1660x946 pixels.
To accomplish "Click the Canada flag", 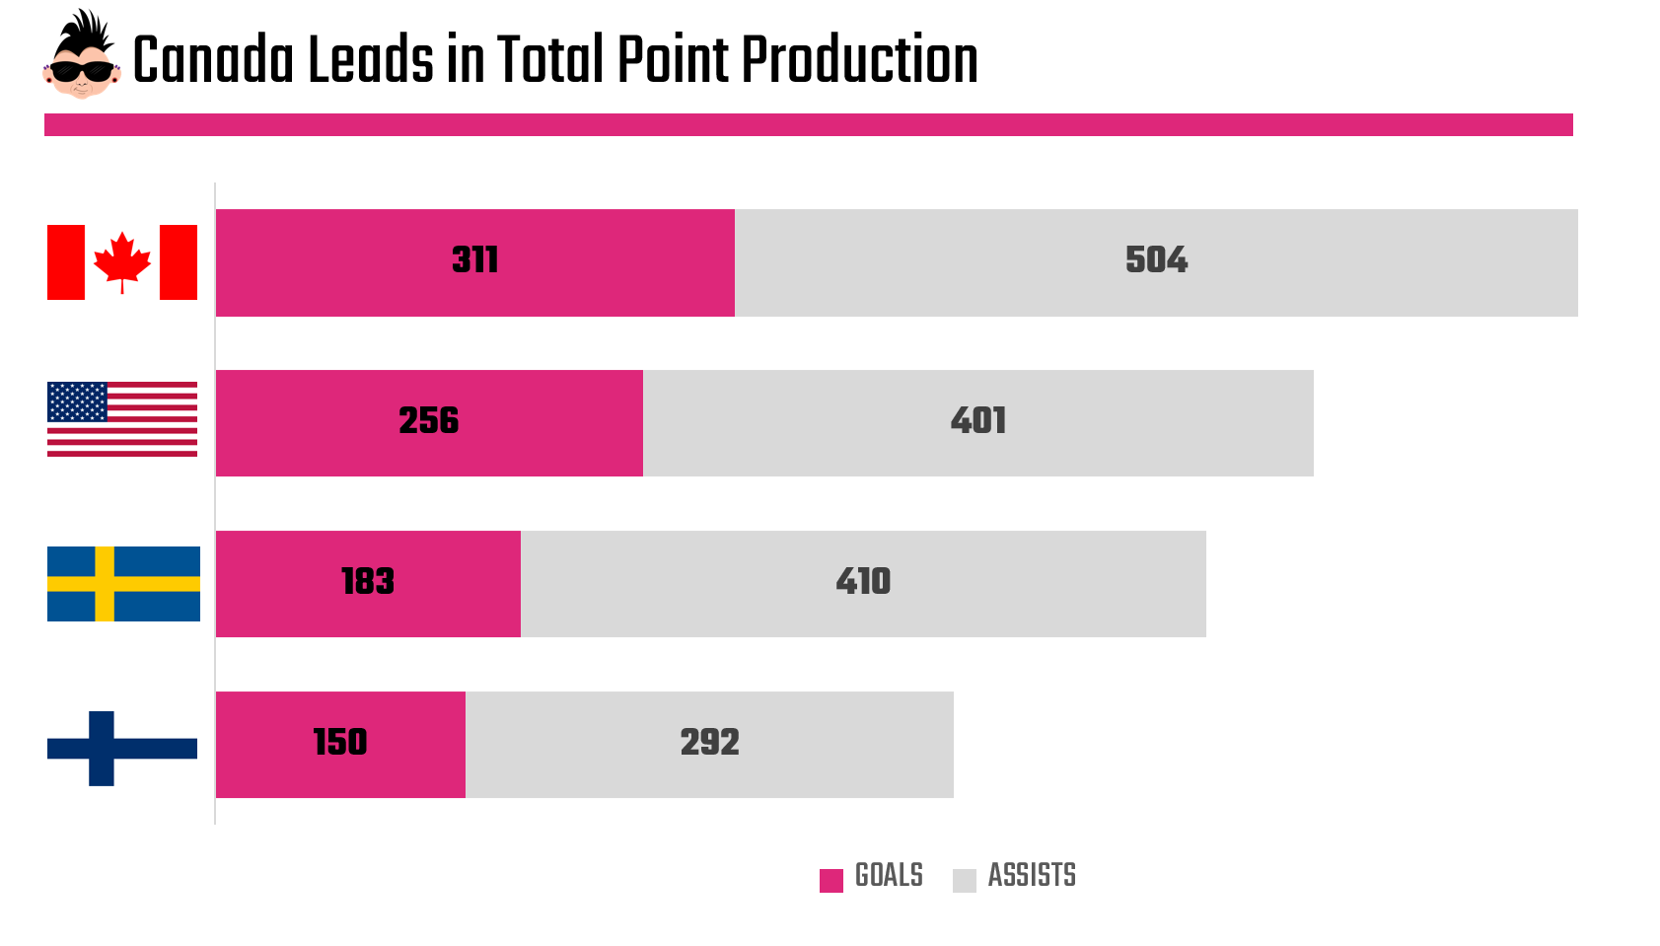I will coord(122,262).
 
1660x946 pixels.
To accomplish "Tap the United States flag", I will coord(122,419).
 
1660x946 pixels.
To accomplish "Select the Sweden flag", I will coord(123,583).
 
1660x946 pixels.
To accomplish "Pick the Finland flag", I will coord(122,748).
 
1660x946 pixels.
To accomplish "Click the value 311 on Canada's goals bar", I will coord(475,260).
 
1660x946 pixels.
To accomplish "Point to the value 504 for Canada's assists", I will coord(1156,260).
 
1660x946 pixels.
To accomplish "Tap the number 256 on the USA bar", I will coord(429,421).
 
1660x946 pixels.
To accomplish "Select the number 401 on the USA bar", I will coord(978,421).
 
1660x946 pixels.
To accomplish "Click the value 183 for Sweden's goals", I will coord(368,582).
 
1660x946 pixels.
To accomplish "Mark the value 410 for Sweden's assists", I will coord(863,582).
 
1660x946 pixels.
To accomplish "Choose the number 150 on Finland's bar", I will coord(340,743).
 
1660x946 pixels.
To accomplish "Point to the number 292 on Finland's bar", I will coord(709,743).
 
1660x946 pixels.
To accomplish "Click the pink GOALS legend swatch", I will coord(831,880).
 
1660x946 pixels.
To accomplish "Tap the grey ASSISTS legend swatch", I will coord(964,880).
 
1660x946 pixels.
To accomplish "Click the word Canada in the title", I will coord(213,61).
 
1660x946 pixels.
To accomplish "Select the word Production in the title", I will coord(859,61).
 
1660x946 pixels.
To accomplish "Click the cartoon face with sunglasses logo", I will coord(81,55).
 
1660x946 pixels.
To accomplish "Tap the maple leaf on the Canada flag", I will coord(122,260).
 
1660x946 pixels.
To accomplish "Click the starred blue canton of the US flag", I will coord(77,401).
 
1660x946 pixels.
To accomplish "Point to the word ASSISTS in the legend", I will coord(1032,876).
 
